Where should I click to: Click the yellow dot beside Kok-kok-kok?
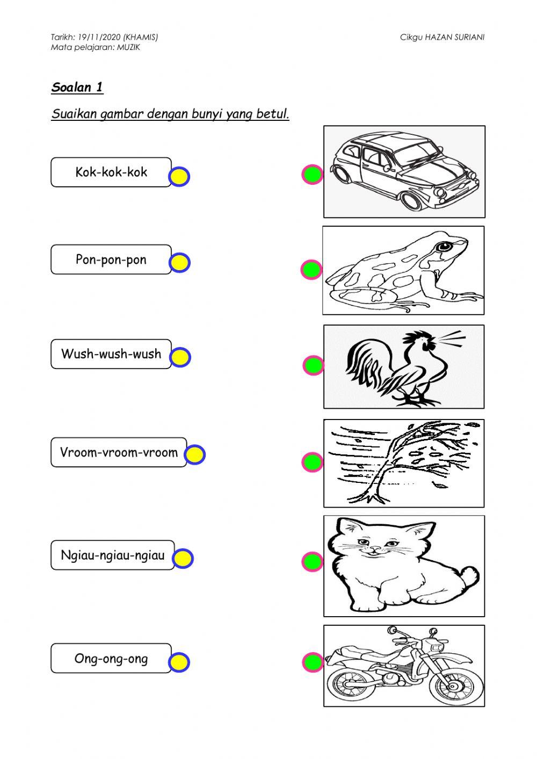pos(179,177)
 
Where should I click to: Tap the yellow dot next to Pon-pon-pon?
pos(179,263)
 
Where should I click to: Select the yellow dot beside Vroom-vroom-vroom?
pos(195,454)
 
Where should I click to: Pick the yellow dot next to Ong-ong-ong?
pos(179,662)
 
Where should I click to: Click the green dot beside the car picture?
pos(313,174)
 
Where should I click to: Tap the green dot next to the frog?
pos(311,270)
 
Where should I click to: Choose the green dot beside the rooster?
pos(314,365)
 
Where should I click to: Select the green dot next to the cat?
pos(313,562)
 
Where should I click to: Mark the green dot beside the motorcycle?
pos(313,662)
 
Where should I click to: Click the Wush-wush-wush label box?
pos(111,354)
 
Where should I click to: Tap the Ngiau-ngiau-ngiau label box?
pos(112,555)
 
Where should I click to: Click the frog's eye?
pos(444,247)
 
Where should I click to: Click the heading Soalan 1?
pos(77,87)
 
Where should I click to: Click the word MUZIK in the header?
pos(128,47)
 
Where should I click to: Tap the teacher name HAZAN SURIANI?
pos(455,37)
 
